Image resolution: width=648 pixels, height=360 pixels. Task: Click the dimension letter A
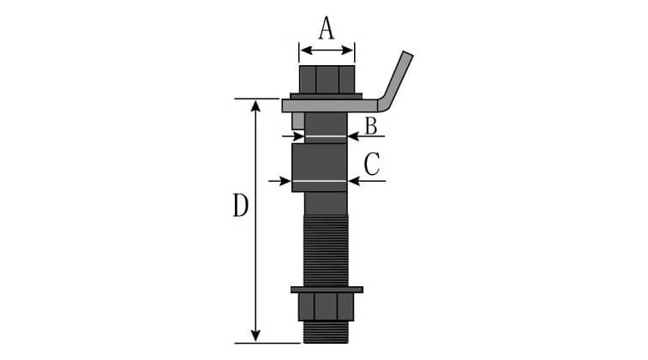tap(326, 29)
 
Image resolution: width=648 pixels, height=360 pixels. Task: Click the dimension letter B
tap(371, 126)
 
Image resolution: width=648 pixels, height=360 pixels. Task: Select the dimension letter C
tap(371, 164)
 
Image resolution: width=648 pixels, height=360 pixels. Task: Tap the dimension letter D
tap(241, 207)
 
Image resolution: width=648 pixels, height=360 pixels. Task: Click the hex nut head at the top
tap(327, 79)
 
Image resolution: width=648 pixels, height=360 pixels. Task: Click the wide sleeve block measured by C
tap(320, 166)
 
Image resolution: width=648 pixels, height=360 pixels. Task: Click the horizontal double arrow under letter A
tap(326, 51)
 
